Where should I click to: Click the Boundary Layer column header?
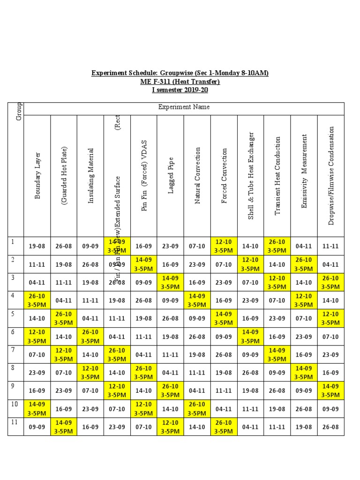37,175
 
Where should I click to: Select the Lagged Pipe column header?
171,176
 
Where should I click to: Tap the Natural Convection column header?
197,175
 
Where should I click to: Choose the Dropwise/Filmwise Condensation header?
331,175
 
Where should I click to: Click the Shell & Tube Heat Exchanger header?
251,175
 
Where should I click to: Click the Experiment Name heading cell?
184,107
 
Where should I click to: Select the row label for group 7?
15,354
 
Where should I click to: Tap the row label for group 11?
15,426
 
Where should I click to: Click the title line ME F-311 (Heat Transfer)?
180,82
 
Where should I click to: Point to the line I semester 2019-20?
180,90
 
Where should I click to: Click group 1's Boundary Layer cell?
37,246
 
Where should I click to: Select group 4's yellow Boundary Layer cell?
37,300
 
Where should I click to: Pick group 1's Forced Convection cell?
224,246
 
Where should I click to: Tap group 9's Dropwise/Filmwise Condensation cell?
330,390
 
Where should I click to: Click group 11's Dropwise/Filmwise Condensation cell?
330,427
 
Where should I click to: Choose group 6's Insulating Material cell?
90,337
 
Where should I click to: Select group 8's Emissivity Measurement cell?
304,373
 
